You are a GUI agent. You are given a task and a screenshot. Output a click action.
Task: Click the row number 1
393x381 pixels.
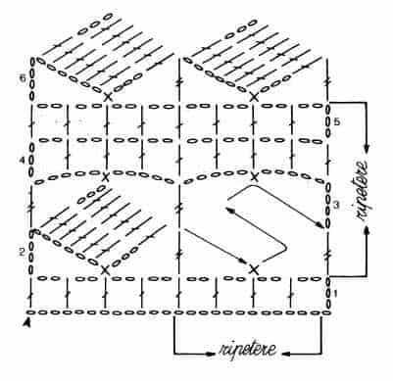[x=334, y=294]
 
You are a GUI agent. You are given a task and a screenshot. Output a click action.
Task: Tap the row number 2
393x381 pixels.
[x=22, y=253]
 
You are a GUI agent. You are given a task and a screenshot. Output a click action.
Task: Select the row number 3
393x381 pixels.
[x=336, y=205]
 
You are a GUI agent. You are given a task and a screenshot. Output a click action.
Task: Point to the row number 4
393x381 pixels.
[x=22, y=161]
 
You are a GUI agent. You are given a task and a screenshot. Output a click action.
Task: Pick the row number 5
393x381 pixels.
[x=337, y=121]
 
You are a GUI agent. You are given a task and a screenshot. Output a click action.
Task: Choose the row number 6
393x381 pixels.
[x=22, y=78]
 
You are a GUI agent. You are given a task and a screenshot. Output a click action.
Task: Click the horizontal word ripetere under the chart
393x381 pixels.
[x=248, y=350]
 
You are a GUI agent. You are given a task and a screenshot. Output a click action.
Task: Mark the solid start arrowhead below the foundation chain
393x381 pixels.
[x=28, y=322]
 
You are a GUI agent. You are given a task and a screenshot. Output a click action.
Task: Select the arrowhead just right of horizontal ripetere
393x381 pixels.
[x=286, y=354]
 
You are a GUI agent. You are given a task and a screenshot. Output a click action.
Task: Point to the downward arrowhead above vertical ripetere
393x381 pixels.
[x=368, y=148]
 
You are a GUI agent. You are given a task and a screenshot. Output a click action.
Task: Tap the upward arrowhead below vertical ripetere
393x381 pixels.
[x=368, y=230]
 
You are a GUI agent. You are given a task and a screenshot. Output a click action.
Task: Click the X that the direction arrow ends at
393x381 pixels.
[x=254, y=269]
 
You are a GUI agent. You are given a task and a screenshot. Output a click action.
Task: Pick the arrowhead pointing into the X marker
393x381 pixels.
[x=242, y=262]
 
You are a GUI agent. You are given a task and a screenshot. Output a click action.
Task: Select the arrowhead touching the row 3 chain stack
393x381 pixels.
[x=319, y=224]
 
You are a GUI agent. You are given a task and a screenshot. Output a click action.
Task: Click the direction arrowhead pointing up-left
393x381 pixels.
[x=229, y=210]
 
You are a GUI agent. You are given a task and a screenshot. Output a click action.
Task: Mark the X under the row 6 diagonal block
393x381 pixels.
[x=107, y=97]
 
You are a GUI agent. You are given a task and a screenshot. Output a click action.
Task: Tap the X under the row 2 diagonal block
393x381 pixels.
[x=105, y=270]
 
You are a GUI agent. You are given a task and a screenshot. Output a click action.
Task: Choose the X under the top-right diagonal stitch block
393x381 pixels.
[x=254, y=97]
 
